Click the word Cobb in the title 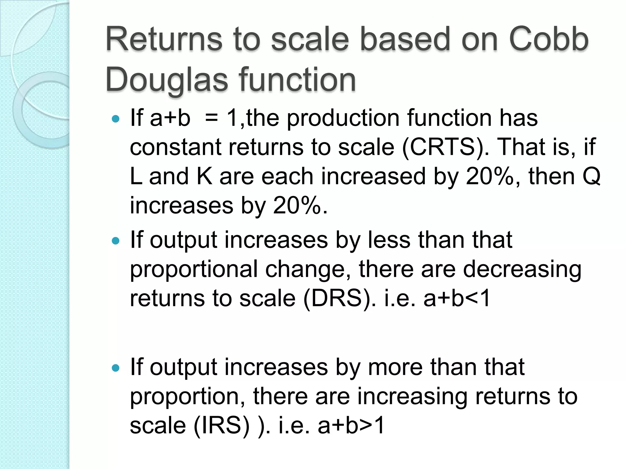point(548,39)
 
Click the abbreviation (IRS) point(222,425)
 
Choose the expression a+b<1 point(457,298)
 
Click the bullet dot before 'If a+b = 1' point(116,118)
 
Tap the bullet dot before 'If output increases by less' point(116,241)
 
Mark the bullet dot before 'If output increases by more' point(116,368)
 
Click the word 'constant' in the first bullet point(175,147)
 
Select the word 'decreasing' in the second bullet point(522,270)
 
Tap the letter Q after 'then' point(591,176)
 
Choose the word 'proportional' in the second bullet point(194,270)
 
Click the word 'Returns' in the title point(164,39)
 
